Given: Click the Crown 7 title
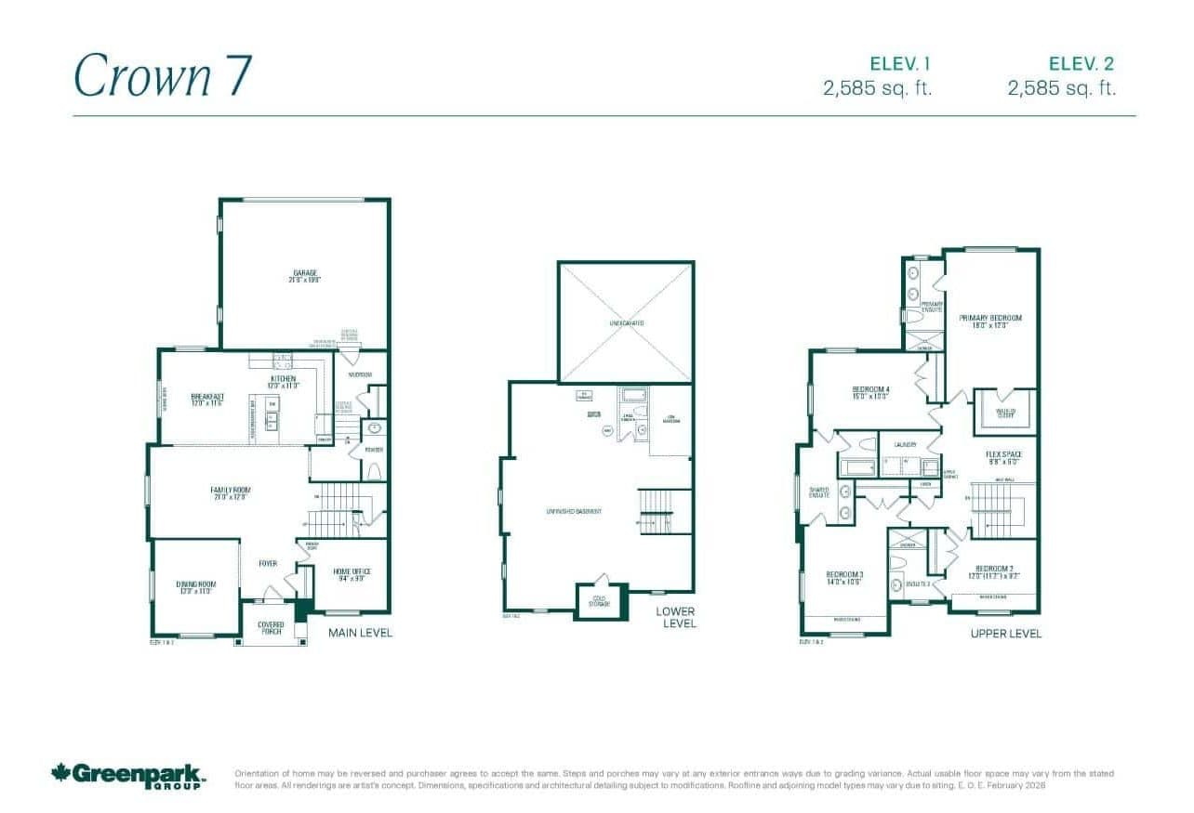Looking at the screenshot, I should click(x=163, y=76).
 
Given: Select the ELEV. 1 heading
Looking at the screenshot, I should click(x=899, y=64).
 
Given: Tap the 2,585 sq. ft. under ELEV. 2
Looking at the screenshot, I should click(x=1061, y=88).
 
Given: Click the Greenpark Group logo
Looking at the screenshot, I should click(x=128, y=775).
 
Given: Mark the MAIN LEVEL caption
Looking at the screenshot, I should click(x=361, y=633).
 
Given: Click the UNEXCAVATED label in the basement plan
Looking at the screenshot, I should click(x=626, y=323).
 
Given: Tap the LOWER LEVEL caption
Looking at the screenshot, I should click(x=675, y=617).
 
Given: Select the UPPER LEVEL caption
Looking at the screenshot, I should click(x=1005, y=634).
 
